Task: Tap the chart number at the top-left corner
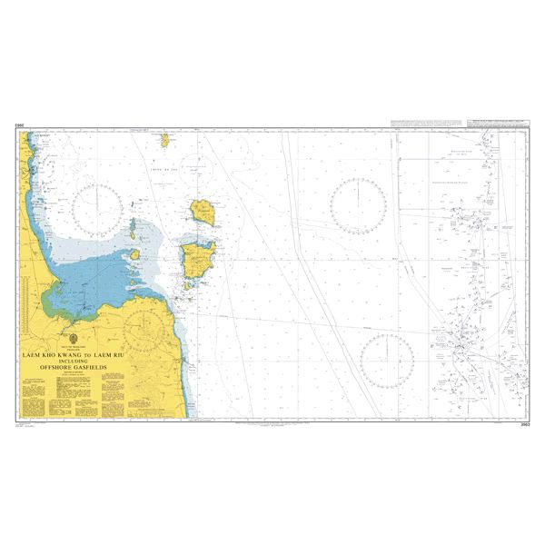pyautogui.click(x=19, y=126)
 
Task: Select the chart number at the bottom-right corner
pyautogui.click(x=524, y=425)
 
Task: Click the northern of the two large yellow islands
pyautogui.click(x=203, y=213)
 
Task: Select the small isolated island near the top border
pyautogui.click(x=165, y=141)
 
